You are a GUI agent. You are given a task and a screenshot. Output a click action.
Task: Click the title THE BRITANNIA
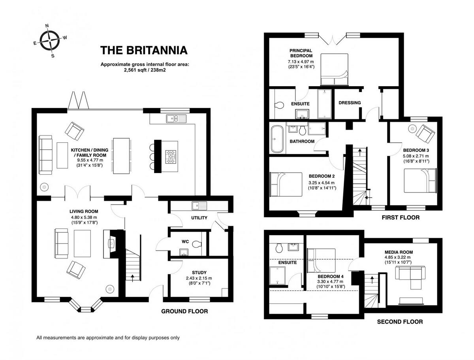click(x=144, y=51)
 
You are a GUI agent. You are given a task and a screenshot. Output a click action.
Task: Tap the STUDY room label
click(x=199, y=272)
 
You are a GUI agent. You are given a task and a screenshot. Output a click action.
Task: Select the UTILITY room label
click(x=199, y=218)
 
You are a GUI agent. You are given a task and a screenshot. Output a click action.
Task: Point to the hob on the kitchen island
click(x=171, y=157)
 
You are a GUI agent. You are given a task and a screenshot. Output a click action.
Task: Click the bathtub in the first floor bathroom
click(x=276, y=139)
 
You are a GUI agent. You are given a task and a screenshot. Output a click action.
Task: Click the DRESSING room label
click(x=350, y=103)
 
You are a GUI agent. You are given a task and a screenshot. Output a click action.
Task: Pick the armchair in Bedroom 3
click(x=425, y=133)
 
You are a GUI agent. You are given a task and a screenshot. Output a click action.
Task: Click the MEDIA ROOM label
click(x=399, y=252)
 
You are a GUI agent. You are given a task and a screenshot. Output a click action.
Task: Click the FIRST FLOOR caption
click(x=401, y=218)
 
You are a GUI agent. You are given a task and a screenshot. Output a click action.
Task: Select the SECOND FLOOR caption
click(x=400, y=322)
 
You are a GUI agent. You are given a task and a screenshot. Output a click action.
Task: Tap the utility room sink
click(x=196, y=205)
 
